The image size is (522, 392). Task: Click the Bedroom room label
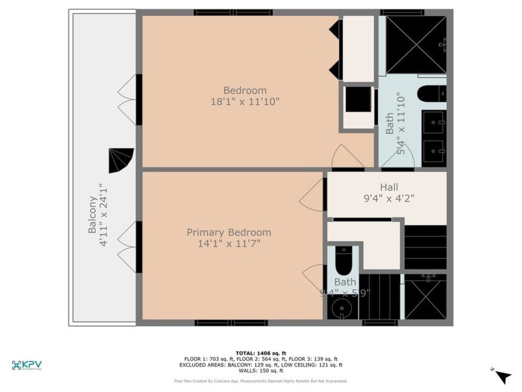245,90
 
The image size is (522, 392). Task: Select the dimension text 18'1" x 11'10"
245,101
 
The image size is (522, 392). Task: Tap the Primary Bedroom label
229,232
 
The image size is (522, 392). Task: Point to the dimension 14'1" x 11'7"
229,243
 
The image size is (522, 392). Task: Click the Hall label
389,187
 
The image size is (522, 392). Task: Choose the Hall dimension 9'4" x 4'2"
389,198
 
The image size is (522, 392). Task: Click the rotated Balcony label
92,215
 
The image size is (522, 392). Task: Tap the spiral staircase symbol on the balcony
121,161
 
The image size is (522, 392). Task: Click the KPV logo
30,365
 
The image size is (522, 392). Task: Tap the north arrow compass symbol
502,375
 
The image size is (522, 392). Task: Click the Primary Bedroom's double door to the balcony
127,247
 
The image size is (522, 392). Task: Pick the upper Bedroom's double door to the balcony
127,98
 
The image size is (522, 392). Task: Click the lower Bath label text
345,282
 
